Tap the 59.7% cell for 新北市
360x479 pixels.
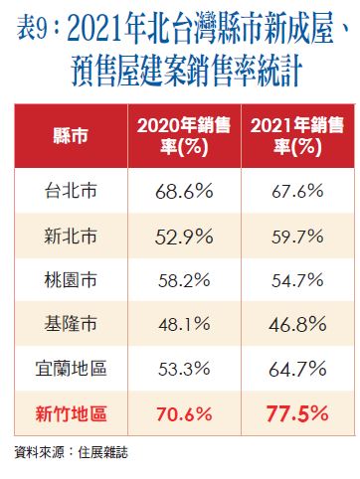click(x=293, y=237)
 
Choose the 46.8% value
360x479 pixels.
click(x=293, y=326)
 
